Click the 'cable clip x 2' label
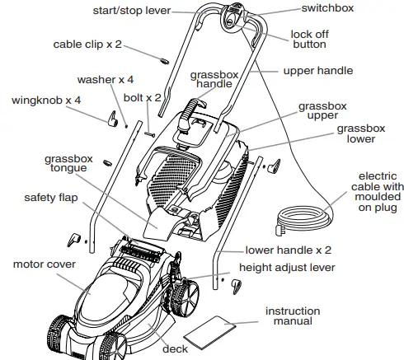coord(88,44)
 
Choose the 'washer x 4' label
coord(106,80)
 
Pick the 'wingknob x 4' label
coord(46,100)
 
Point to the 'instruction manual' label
coord(292,316)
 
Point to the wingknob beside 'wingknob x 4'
coord(108,119)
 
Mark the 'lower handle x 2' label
coord(288,249)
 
